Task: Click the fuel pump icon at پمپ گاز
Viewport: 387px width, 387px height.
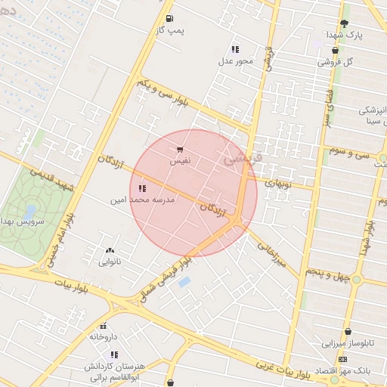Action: (x=169, y=18)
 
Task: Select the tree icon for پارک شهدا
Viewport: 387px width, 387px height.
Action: (x=345, y=23)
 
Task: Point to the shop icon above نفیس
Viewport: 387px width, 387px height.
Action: (x=180, y=150)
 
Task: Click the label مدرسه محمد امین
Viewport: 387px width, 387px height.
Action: (x=149, y=200)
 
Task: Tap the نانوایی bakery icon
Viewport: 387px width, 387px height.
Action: (x=110, y=250)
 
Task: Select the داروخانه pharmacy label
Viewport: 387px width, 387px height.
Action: (x=104, y=336)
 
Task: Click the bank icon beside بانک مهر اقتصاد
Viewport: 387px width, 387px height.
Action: (x=344, y=358)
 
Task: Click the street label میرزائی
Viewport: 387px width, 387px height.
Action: (x=270, y=255)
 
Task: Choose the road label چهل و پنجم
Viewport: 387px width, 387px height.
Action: (x=327, y=273)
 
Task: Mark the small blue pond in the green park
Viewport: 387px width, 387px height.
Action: (x=31, y=209)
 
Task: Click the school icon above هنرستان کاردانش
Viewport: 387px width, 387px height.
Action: (x=114, y=354)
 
